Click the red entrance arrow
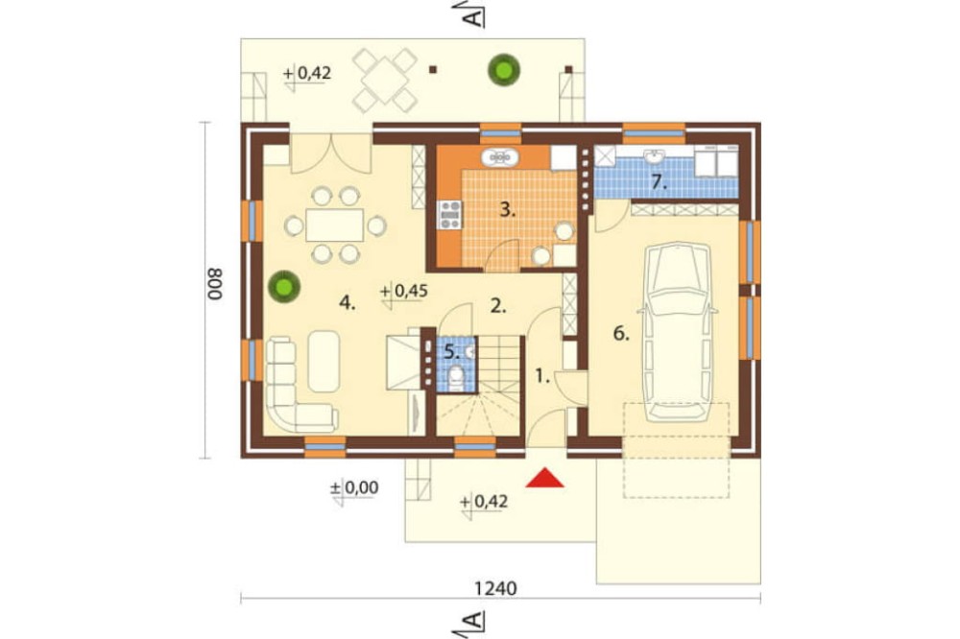pyautogui.click(x=544, y=478)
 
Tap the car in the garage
pyautogui.click(x=678, y=332)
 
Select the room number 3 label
pyautogui.click(x=507, y=210)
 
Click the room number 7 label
pyautogui.click(x=659, y=181)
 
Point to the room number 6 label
pyautogui.click(x=621, y=334)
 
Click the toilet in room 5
pyautogui.click(x=456, y=378)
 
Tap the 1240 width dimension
pyautogui.click(x=495, y=588)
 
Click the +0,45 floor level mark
pyautogui.click(x=403, y=292)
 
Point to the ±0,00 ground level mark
pyautogui.click(x=354, y=488)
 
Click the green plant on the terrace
pyautogui.click(x=504, y=69)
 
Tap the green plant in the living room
pyautogui.click(x=283, y=287)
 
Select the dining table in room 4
pyautogui.click(x=334, y=225)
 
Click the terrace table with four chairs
pyautogui.click(x=385, y=81)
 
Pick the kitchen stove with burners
pyautogui.click(x=450, y=215)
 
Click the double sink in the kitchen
pyautogui.click(x=500, y=158)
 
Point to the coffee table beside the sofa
pyautogui.click(x=324, y=361)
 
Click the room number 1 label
pyautogui.click(x=542, y=376)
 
